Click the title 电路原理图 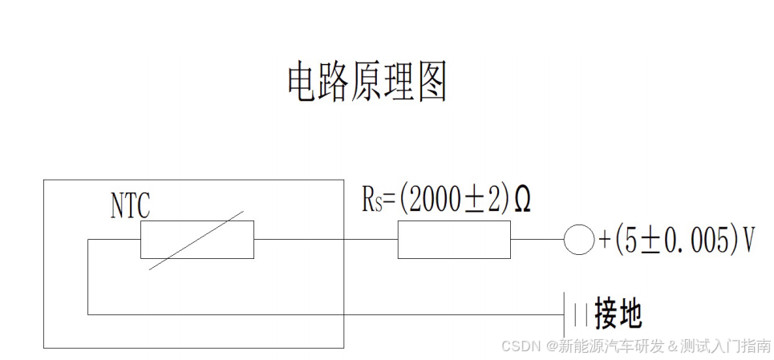(x=367, y=83)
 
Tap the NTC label (x=130, y=205)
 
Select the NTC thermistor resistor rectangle (x=197, y=240)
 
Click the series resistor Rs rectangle (x=454, y=240)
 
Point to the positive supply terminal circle (x=577, y=240)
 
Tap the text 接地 (x=618, y=314)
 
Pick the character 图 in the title (x=432, y=83)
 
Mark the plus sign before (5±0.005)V (x=605, y=241)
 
